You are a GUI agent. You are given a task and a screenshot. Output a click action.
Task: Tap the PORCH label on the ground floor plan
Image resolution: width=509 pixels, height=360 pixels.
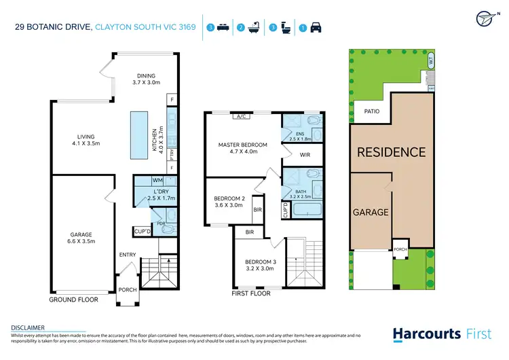[x=127, y=290]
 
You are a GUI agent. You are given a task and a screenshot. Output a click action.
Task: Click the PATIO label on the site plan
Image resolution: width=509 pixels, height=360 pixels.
[x=371, y=111]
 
